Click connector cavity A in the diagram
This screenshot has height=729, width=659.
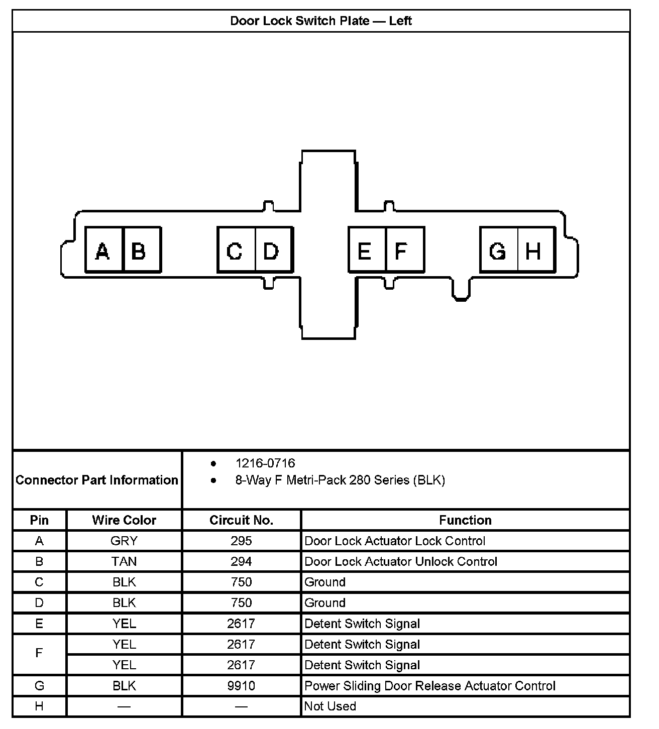[x=104, y=250]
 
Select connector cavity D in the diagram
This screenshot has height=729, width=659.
[x=274, y=250]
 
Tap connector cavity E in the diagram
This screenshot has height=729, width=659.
[x=367, y=250]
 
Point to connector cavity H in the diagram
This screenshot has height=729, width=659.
[x=536, y=250]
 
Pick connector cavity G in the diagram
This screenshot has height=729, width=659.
[x=498, y=250]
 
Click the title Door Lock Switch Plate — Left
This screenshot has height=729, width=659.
[x=321, y=21]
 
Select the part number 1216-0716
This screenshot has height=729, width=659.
[x=265, y=463]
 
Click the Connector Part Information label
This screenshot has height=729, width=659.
[x=97, y=480]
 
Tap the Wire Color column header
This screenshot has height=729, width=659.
[x=124, y=520]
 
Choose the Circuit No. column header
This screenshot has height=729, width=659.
[x=241, y=520]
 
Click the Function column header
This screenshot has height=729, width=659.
[x=465, y=520]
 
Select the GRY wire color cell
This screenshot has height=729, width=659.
[x=124, y=541]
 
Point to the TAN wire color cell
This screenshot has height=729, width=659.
[x=124, y=561]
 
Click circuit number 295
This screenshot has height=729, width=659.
[x=241, y=541]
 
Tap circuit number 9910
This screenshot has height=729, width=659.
[x=241, y=686]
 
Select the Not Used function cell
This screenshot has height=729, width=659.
[x=330, y=706]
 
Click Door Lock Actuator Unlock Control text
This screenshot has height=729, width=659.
[x=401, y=561]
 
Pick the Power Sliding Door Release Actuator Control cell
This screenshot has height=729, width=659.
[x=430, y=686]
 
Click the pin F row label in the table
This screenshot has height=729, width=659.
[x=39, y=653]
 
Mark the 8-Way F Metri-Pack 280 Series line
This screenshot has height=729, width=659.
[x=340, y=480]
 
